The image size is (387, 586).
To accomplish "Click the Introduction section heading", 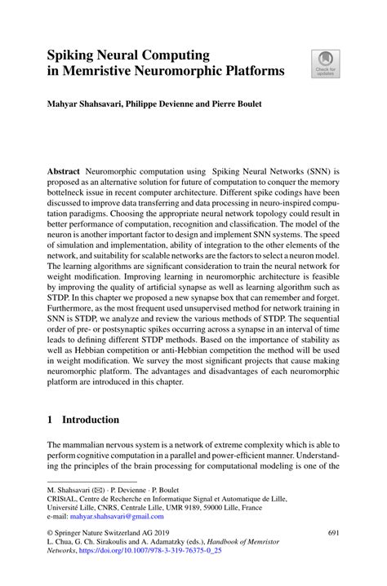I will pos(91,420).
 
